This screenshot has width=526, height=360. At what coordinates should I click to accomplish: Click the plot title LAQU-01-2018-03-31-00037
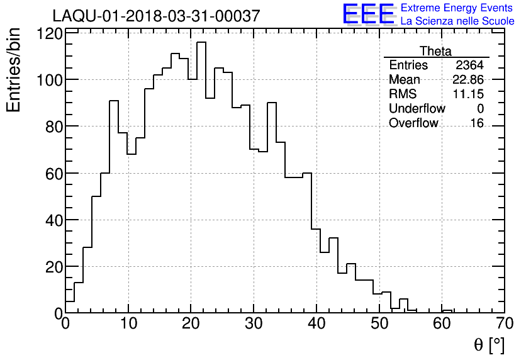156,16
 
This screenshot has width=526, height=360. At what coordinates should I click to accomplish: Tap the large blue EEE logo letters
369,14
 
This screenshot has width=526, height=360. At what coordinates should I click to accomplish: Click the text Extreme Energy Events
457,8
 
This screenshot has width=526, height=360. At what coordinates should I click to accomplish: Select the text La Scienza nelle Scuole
457,21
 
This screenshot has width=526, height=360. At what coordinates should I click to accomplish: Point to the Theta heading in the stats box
435,51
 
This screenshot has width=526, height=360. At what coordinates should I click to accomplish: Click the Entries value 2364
469,65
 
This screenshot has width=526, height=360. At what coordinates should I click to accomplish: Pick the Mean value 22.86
468,80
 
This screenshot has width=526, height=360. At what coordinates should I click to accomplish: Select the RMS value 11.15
469,94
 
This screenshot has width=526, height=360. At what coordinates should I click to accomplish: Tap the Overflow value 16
477,123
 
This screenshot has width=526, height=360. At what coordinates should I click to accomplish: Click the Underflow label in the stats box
417,109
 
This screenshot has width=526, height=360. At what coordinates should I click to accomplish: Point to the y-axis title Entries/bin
14,70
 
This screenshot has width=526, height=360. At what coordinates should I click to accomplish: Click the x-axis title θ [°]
489,345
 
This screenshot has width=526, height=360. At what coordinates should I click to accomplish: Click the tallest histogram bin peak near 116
201,43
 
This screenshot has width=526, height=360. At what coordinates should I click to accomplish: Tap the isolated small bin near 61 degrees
447,311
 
